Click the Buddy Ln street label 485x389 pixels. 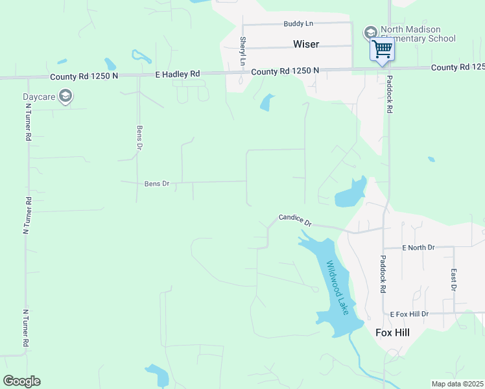(x=298, y=23)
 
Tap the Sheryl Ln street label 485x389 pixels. (x=243, y=51)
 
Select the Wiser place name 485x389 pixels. (x=306, y=44)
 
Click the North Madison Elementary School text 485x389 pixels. (x=419, y=34)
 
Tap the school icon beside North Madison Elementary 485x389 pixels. (x=370, y=32)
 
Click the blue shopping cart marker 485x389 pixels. (x=382, y=49)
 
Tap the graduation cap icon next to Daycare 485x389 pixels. (x=65, y=97)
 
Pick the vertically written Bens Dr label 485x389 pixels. (x=139, y=137)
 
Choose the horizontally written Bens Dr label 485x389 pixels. (x=156, y=184)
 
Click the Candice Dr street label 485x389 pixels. (x=295, y=220)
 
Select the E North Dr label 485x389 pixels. (x=418, y=248)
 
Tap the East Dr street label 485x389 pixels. (x=454, y=279)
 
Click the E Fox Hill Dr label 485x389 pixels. (x=409, y=314)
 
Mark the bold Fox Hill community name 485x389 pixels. (x=393, y=332)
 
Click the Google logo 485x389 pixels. (x=21, y=381)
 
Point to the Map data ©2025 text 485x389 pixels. (x=456, y=384)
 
